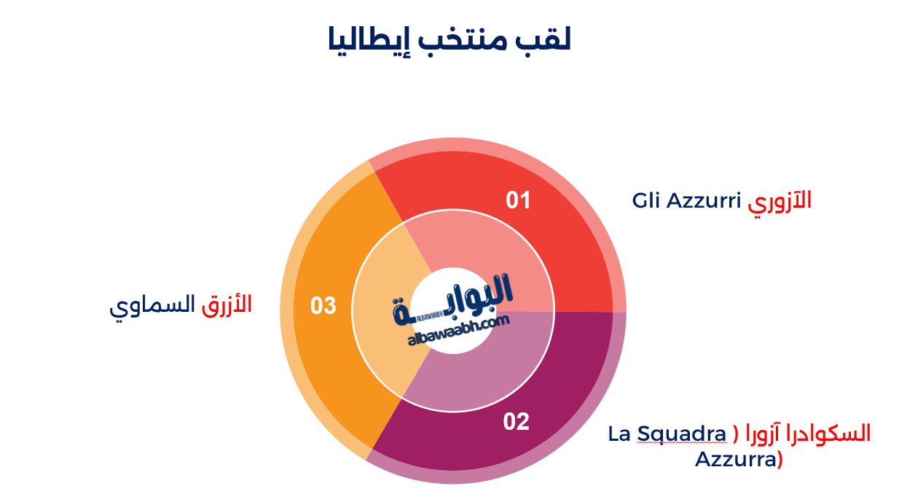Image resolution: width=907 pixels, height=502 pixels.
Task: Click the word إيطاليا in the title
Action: pyautogui.click(x=365, y=39)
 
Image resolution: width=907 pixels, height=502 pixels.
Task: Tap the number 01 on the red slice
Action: pyautogui.click(x=518, y=200)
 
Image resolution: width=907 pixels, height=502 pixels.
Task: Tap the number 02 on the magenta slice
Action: pyautogui.click(x=517, y=422)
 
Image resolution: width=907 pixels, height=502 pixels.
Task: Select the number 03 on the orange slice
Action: pyautogui.click(x=323, y=306)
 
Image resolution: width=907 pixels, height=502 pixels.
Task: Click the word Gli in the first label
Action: pyautogui.click(x=647, y=200)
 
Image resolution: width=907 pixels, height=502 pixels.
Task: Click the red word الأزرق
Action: pyautogui.click(x=227, y=305)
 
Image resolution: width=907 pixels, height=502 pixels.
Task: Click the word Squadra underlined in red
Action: pyautogui.click(x=682, y=434)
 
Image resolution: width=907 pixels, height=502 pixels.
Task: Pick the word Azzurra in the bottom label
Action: pyautogui.click(x=734, y=460)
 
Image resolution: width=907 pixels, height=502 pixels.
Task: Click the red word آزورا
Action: pyautogui.click(x=766, y=434)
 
